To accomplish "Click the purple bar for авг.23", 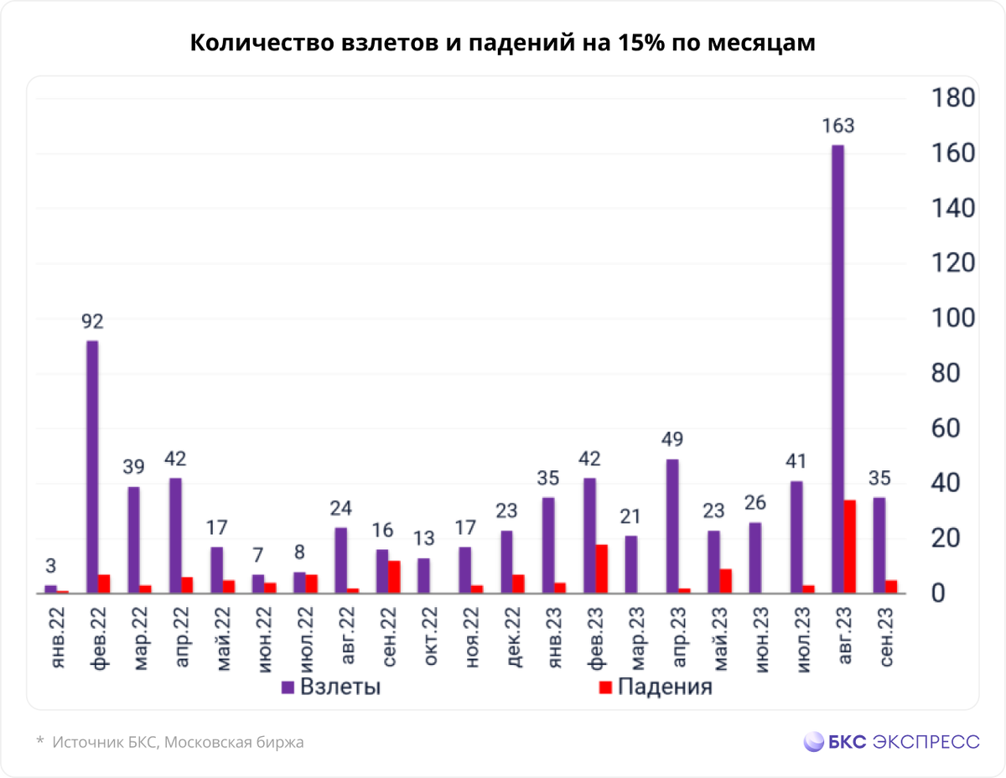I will click(837, 369).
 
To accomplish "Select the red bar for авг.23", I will click(849, 547).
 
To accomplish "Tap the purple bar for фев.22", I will click(92, 467).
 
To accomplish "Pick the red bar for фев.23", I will click(601, 568).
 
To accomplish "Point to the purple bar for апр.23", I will click(672, 526).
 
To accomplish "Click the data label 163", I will click(837, 127).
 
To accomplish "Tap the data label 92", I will click(92, 322).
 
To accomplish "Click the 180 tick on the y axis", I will click(953, 98).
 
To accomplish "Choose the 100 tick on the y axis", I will click(953, 319).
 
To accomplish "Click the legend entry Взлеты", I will click(331, 687).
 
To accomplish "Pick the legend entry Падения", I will click(655, 687).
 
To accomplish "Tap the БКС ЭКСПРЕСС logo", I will click(891, 741).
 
